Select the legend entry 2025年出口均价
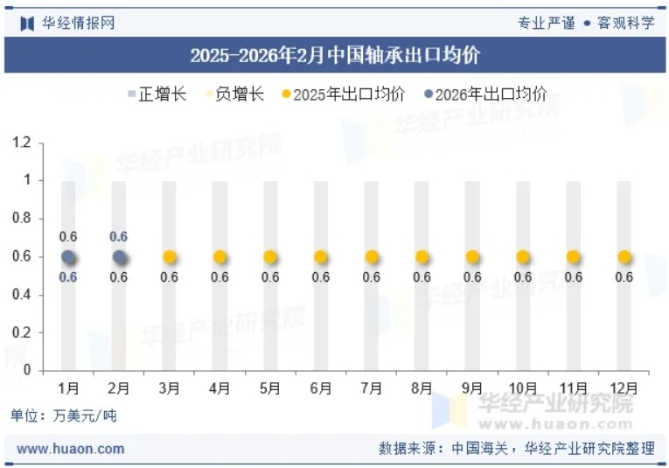[x=343, y=94]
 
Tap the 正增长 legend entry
[x=157, y=94]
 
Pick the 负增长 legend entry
[x=233, y=94]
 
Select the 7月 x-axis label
[x=371, y=388]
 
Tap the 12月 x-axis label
[x=624, y=388]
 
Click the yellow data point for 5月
[x=270, y=257]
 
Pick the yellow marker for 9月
[x=472, y=257]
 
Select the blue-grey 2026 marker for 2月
[x=119, y=257]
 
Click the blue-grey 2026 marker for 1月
[x=69, y=257]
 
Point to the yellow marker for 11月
[x=573, y=257]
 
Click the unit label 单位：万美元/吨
[x=63, y=416]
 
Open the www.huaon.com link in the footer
[x=71, y=449]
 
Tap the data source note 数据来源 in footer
[x=516, y=449]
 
